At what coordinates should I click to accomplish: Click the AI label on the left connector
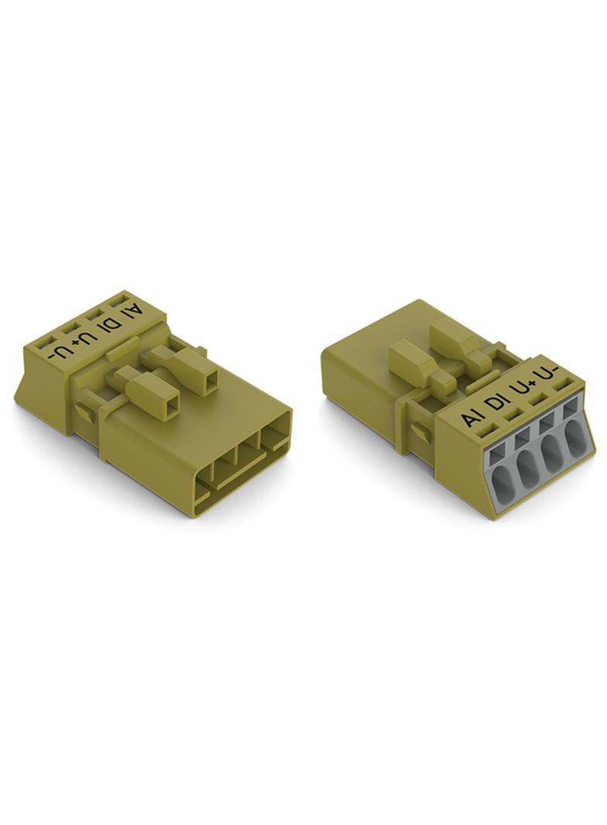click(x=132, y=317)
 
